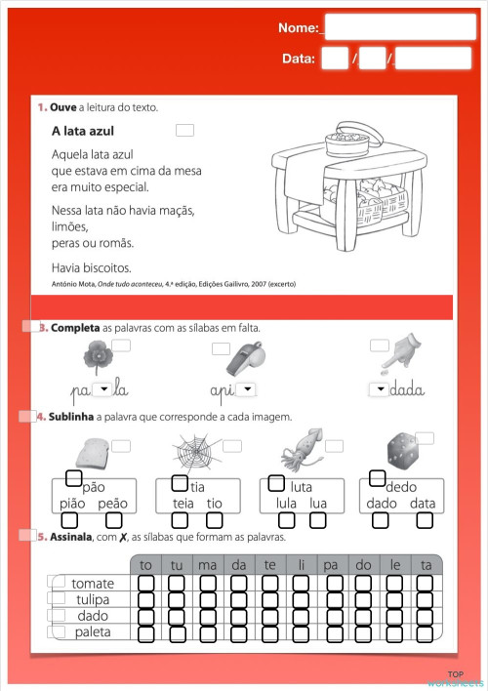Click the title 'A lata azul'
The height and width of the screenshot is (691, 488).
(90, 130)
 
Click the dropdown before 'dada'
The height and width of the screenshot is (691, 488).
(379, 389)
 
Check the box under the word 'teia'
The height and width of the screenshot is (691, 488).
(183, 521)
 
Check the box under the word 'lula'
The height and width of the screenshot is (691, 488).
(285, 521)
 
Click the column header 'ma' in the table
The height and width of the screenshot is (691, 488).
(207, 565)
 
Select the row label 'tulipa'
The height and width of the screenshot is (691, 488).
(93, 599)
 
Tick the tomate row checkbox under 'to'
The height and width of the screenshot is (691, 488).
(146, 584)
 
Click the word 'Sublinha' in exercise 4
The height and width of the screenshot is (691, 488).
(74, 417)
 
